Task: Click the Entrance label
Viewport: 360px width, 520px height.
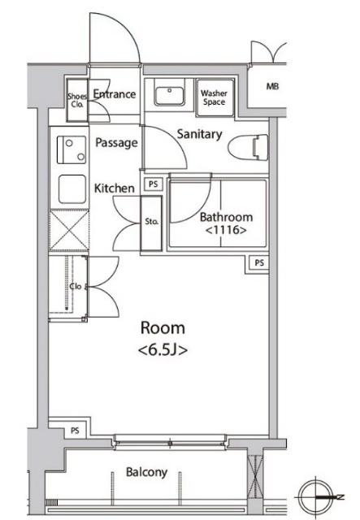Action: click(115, 94)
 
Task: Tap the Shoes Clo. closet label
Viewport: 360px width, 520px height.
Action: click(77, 101)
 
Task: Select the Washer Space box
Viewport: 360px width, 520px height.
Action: click(215, 97)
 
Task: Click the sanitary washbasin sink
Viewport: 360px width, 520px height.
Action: click(170, 96)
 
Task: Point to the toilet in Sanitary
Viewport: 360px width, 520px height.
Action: click(248, 148)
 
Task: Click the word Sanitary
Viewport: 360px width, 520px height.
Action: click(199, 134)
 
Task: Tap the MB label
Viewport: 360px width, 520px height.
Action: click(272, 87)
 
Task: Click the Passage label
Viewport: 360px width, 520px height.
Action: click(116, 143)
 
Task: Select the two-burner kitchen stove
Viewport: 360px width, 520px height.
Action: click(72, 149)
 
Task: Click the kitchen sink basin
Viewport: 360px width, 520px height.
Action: click(72, 189)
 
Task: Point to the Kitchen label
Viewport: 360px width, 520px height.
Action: click(115, 188)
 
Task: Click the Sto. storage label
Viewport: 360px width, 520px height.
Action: click(151, 222)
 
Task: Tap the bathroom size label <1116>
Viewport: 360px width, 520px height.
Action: click(226, 230)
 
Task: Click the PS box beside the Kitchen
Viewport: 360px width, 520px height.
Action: click(154, 184)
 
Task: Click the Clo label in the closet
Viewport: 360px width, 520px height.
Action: click(76, 286)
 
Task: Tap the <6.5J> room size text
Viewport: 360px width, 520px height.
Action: click(163, 350)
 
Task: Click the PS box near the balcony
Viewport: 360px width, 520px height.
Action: click(75, 431)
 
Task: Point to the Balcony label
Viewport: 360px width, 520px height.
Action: click(146, 472)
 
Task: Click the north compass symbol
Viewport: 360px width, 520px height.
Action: click(315, 496)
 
